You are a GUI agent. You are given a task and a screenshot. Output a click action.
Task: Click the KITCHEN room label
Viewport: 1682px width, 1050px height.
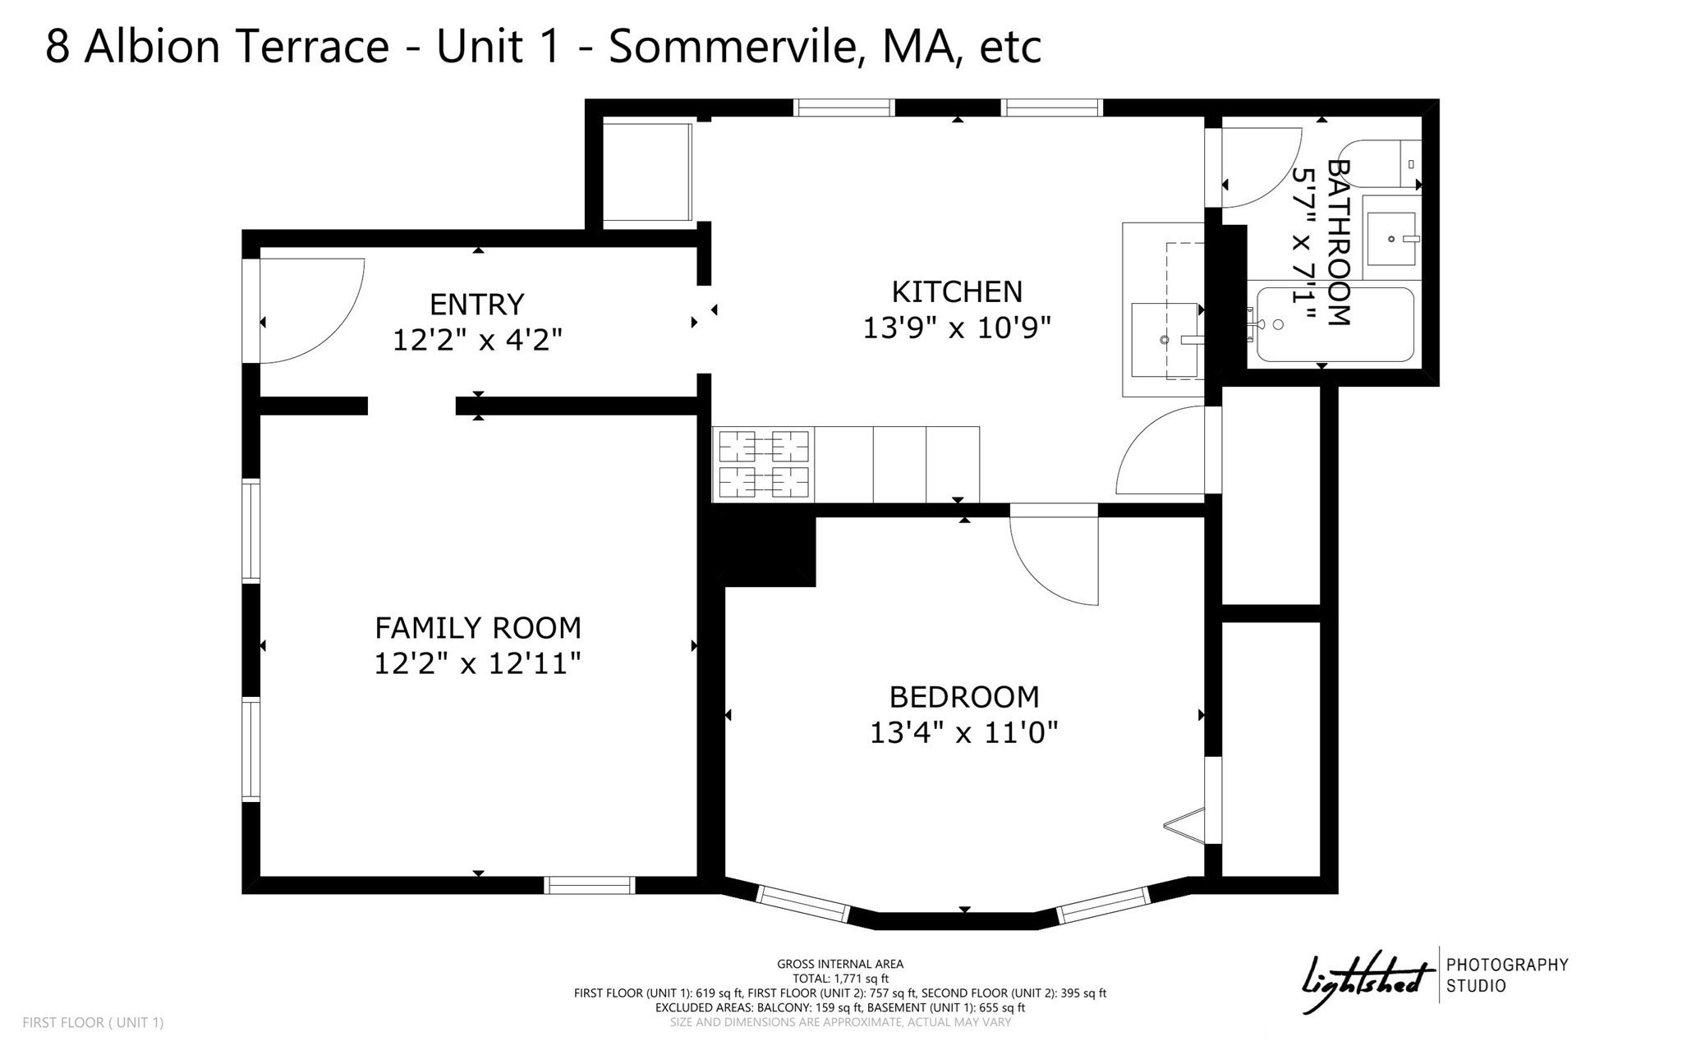[957, 292]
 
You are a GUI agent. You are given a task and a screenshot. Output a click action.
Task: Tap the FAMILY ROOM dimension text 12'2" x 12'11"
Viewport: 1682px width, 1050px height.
[477, 663]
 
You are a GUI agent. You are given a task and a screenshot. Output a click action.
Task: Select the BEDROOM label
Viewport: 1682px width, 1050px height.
[964, 697]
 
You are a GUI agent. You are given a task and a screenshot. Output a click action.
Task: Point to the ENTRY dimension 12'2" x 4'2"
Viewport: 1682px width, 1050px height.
[477, 340]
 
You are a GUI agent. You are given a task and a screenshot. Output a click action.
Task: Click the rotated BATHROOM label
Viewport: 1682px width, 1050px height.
[1338, 243]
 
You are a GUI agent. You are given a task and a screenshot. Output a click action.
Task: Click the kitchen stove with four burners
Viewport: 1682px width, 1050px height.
[763, 465]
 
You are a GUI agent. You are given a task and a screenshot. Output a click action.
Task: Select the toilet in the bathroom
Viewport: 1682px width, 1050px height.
[1380, 163]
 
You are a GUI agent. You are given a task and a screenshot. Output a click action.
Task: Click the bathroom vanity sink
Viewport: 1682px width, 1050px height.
[1391, 239]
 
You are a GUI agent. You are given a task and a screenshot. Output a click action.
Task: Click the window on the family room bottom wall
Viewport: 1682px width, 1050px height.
[589, 885]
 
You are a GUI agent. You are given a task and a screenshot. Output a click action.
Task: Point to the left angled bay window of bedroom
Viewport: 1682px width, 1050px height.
[802, 903]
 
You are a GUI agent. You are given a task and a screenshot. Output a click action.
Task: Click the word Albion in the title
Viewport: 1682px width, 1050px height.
[153, 46]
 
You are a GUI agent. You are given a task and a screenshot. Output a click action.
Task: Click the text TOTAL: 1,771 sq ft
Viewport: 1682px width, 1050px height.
[840, 979]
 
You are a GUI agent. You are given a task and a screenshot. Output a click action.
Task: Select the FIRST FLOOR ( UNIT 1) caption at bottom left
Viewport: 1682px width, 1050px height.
[93, 1023]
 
